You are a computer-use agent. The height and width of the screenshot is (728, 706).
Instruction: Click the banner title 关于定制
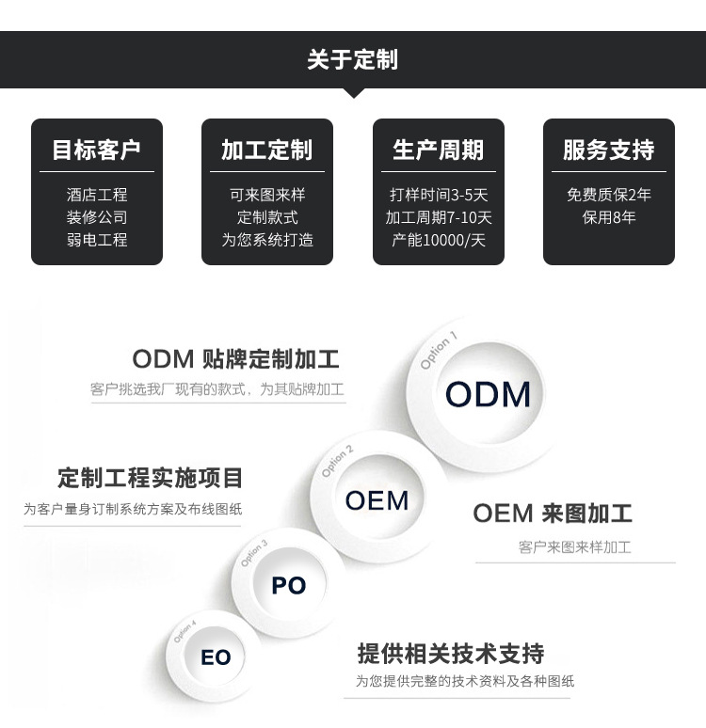click(x=352, y=60)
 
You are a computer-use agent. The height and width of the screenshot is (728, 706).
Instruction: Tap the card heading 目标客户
click(x=96, y=150)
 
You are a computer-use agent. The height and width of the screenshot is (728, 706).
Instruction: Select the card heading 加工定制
click(x=266, y=150)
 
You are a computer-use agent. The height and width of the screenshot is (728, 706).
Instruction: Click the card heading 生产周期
click(x=438, y=150)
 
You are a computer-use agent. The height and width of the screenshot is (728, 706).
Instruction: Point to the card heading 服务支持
click(x=608, y=150)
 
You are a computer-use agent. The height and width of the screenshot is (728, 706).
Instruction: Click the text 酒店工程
click(x=96, y=195)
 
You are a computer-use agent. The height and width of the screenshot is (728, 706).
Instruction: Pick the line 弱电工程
click(x=96, y=240)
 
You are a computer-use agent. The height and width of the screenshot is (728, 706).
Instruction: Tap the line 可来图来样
click(x=266, y=195)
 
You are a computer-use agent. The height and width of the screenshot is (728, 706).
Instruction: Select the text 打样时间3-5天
click(x=438, y=195)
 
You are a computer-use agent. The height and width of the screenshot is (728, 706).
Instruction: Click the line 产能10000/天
click(x=438, y=240)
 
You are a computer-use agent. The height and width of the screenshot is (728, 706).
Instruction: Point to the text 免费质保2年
click(x=608, y=195)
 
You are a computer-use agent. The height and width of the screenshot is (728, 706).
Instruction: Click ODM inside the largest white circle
click(x=488, y=394)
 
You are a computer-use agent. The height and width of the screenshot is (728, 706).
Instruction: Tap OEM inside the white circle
click(x=377, y=500)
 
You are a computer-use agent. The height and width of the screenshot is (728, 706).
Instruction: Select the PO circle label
click(x=288, y=585)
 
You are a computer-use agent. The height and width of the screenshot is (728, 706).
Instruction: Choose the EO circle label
click(x=216, y=657)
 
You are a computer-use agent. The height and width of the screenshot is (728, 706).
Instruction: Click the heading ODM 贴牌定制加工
click(x=235, y=358)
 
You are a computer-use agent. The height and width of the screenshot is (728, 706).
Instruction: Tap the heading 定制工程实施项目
click(x=150, y=478)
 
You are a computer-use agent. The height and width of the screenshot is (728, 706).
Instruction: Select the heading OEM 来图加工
click(x=552, y=513)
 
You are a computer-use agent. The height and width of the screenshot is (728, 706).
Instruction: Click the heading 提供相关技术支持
click(x=450, y=653)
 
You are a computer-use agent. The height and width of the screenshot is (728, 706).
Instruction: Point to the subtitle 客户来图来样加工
click(x=574, y=546)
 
